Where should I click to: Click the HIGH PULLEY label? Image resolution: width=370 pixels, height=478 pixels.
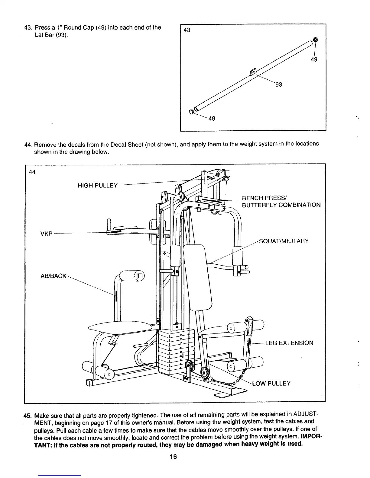[x=97, y=186]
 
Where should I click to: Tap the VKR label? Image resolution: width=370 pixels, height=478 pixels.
[x=47, y=234]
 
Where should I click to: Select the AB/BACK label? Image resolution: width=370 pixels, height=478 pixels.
[x=53, y=276]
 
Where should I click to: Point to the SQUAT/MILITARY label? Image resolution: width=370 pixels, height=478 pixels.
[x=284, y=241]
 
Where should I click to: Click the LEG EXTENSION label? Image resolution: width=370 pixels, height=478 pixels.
[x=289, y=343]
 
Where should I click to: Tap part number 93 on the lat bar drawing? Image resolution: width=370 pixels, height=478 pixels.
[x=278, y=85]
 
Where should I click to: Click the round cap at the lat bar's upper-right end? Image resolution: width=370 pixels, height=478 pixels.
[x=315, y=40]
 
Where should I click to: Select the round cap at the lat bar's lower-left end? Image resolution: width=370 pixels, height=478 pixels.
[x=191, y=112]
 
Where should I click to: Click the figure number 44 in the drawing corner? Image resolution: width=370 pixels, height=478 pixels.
[x=32, y=172]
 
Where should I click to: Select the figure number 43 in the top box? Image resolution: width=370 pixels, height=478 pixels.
[x=187, y=30]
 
